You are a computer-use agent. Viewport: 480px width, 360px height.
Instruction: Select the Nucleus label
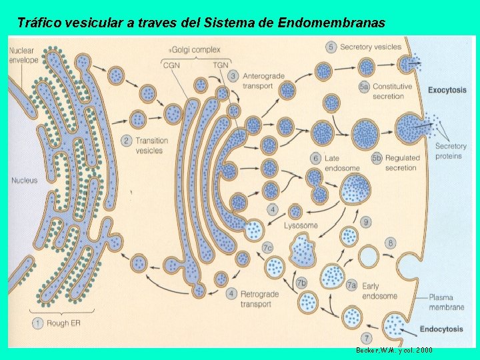point(25,181)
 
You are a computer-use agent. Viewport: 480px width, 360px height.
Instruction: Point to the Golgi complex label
point(196,50)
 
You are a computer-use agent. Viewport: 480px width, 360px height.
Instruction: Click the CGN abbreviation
point(172,64)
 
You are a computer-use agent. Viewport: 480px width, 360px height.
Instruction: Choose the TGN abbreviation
point(220,64)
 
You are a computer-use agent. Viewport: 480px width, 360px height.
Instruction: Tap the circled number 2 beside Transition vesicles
point(126,140)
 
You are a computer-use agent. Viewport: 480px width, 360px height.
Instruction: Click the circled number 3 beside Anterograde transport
point(233,76)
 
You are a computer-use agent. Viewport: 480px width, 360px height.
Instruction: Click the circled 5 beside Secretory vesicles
point(331,47)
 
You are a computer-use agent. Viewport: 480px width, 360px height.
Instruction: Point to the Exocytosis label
point(447,90)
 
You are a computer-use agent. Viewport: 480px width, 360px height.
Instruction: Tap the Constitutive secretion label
point(392,91)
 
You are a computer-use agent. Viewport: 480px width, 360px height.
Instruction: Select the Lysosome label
point(301,225)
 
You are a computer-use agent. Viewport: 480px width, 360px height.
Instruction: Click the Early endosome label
point(379,291)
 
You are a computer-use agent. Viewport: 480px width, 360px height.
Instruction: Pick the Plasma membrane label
point(447,303)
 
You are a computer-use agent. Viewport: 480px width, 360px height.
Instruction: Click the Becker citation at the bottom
point(395,350)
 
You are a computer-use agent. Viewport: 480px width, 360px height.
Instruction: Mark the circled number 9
point(365,221)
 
